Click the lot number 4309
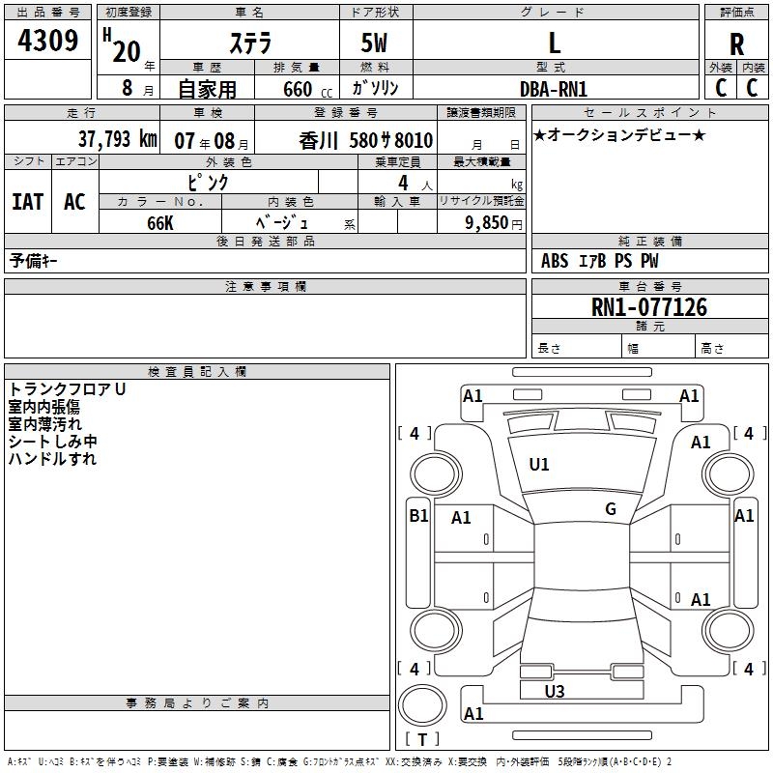coord(48,41)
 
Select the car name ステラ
coord(249,43)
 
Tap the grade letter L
coord(554,43)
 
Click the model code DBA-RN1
coord(554,88)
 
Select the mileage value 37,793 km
coord(117,139)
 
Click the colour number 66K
coord(159,222)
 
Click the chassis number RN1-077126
coord(649,307)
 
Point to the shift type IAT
coord(27,202)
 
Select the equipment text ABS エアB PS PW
coord(600,261)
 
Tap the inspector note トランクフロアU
coord(67,389)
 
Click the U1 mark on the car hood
coord(539,465)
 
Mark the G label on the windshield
coord(611,509)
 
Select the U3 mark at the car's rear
coord(555,691)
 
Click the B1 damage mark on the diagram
coord(418,516)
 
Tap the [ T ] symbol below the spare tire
coord(422,740)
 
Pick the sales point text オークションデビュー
coord(618,134)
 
